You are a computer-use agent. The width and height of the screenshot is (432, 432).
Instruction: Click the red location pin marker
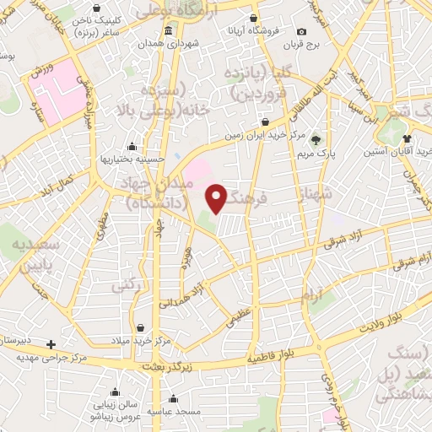pos(217,199)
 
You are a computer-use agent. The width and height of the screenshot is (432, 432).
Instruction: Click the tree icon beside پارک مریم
pos(316,140)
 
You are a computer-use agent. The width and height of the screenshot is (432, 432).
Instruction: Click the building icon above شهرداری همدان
pos(170,31)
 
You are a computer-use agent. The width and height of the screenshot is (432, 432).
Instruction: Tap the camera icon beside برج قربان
pos(302,31)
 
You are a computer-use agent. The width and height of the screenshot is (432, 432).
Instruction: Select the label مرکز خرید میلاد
pos(141,340)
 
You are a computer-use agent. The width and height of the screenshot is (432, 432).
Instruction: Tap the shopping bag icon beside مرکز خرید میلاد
pos(140,327)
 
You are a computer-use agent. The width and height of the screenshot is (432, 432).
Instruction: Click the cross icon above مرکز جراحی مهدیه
pos(51,344)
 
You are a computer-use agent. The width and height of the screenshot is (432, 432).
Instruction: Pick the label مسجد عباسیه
pos(173,412)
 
